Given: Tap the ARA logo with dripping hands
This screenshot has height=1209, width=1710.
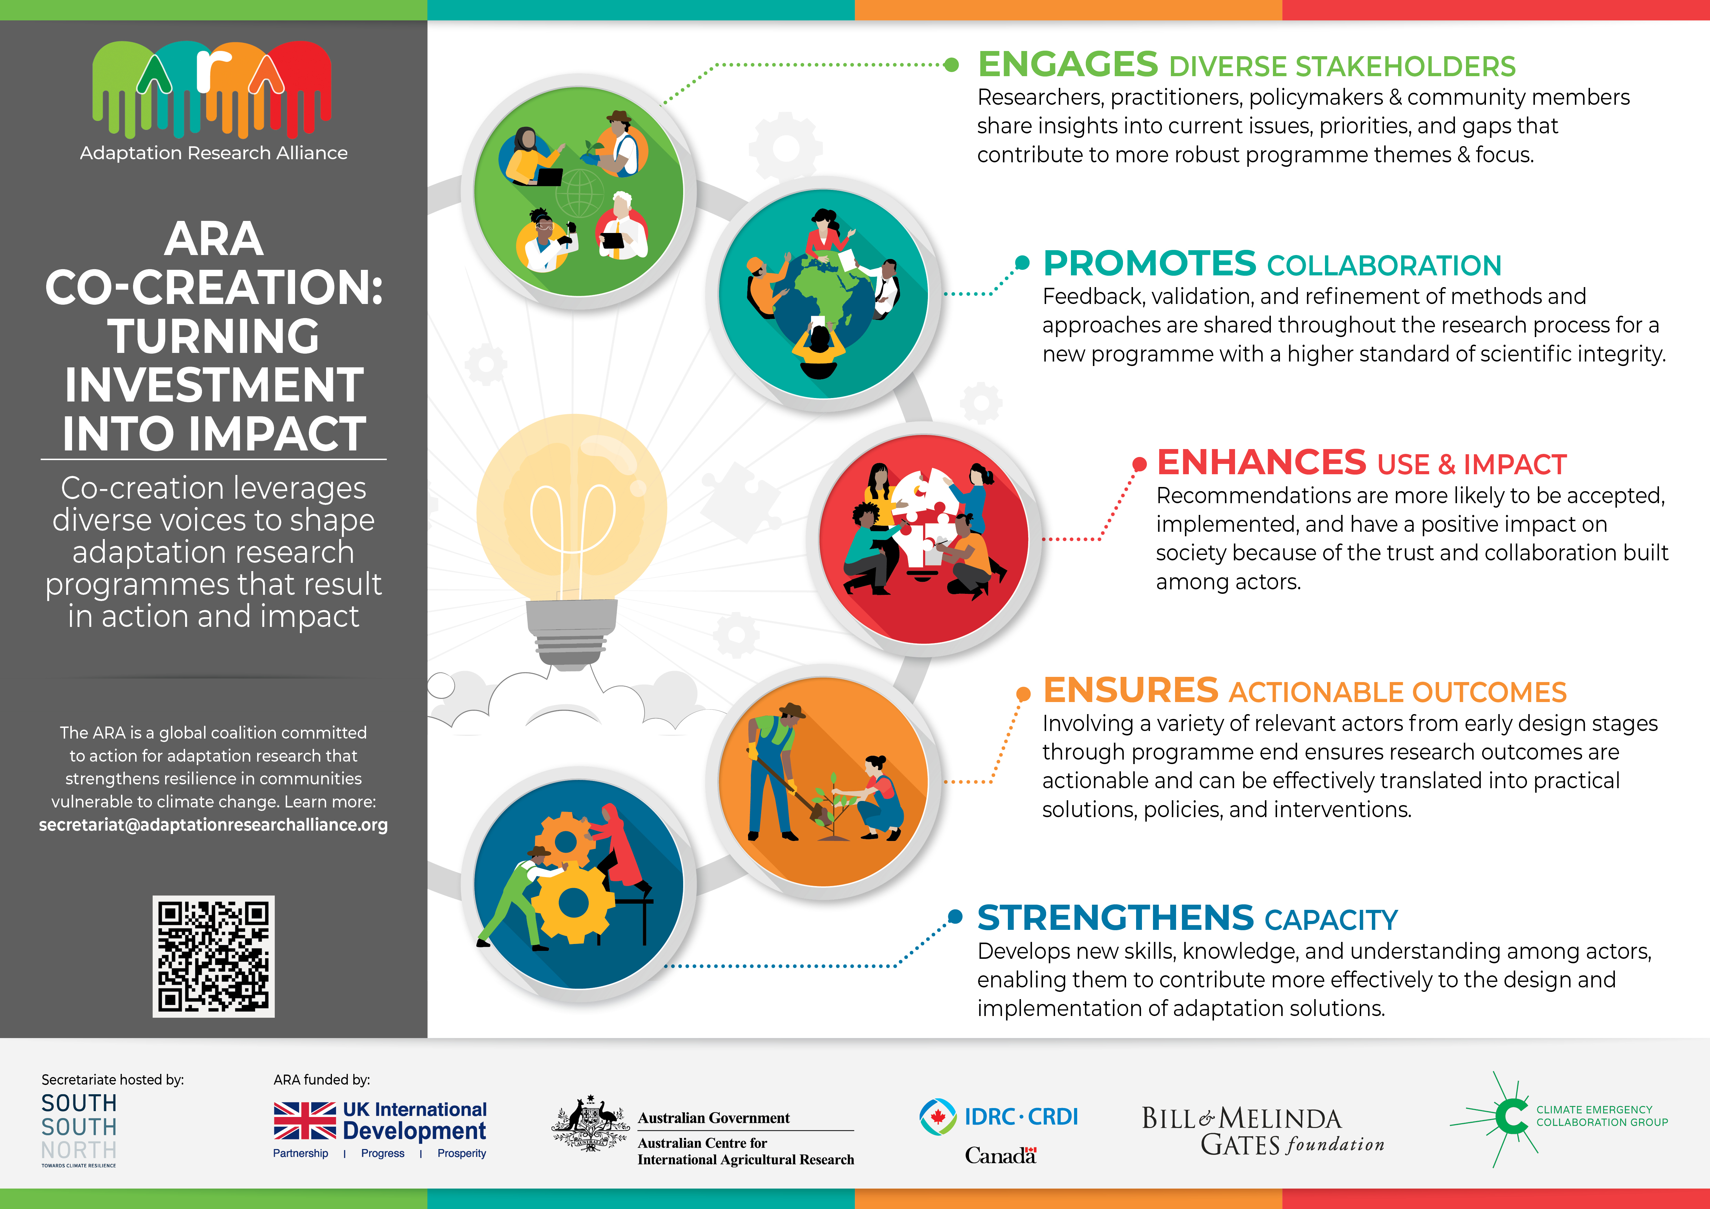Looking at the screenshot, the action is pos(212,89).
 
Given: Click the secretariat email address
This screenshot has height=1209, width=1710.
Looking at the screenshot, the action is pos(213,825).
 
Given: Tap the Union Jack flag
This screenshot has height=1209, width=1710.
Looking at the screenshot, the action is pos(305,1120).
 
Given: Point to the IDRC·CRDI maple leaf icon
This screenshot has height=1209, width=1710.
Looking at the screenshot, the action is pos(938,1117).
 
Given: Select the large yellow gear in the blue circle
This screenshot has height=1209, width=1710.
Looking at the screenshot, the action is pos(574,903).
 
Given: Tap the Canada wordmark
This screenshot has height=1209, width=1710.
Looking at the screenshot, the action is pos(1000,1155).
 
